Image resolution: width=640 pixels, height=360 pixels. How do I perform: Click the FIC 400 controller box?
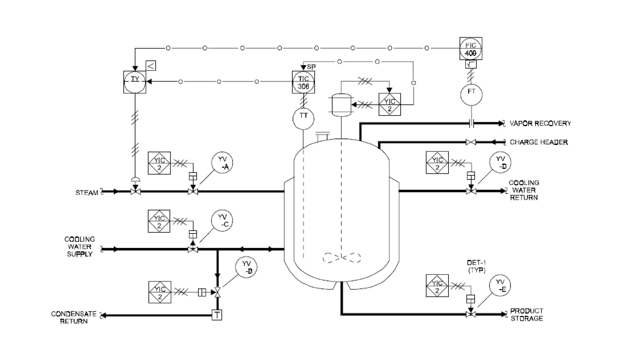pyautogui.click(x=471, y=49)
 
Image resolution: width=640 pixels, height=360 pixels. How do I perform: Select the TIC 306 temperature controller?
pyautogui.click(x=303, y=82)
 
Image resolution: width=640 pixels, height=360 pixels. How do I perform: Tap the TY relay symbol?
pyautogui.click(x=135, y=82)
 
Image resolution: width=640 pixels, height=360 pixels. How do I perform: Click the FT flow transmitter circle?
pyautogui.click(x=471, y=94)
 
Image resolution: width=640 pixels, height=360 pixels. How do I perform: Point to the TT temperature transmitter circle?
pyautogui.click(x=303, y=118)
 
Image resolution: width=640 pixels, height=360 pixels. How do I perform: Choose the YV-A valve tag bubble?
pyautogui.click(x=222, y=163)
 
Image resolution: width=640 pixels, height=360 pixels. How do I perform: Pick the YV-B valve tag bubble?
pyautogui.click(x=246, y=267)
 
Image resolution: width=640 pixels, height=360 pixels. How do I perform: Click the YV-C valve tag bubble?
pyautogui.click(x=222, y=220)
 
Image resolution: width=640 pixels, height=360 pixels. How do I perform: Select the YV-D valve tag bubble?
pyautogui.click(x=500, y=162)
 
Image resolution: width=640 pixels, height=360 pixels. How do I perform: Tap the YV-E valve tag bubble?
pyautogui.click(x=500, y=286)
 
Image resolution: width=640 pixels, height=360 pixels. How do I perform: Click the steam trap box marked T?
pyautogui.click(x=217, y=315)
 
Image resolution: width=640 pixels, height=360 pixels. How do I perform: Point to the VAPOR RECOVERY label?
pyautogui.click(x=540, y=123)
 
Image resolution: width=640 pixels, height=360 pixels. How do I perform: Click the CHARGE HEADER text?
pyautogui.click(x=538, y=142)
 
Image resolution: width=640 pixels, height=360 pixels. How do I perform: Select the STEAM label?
pyautogui.click(x=87, y=193)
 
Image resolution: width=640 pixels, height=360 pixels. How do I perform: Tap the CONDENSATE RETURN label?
pyautogui.click(x=74, y=317)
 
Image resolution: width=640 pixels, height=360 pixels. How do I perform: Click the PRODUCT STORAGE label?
pyautogui.click(x=527, y=315)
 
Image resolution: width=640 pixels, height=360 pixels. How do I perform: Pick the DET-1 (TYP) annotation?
pyautogui.click(x=476, y=266)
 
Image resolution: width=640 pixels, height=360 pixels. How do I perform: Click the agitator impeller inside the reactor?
pyautogui.click(x=342, y=258)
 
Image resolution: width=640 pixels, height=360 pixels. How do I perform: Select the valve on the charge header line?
pyautogui.click(x=471, y=142)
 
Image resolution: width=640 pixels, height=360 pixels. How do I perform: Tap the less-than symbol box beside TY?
pyautogui.click(x=151, y=66)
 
